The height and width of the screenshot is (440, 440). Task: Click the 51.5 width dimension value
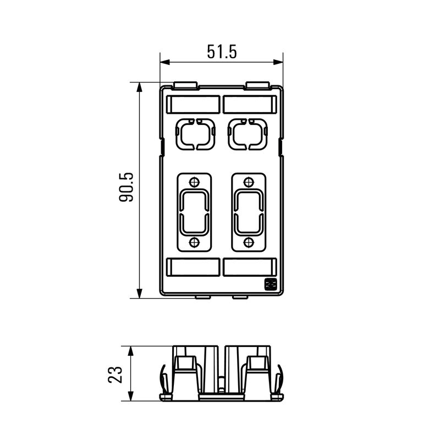pos(222,52)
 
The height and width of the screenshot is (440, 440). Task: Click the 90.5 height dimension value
pos(127,187)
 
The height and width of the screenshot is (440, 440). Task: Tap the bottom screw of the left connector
pos(194,242)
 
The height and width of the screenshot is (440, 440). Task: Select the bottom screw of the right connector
pos(249,242)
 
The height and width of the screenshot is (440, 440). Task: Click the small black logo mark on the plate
pos(270,284)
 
